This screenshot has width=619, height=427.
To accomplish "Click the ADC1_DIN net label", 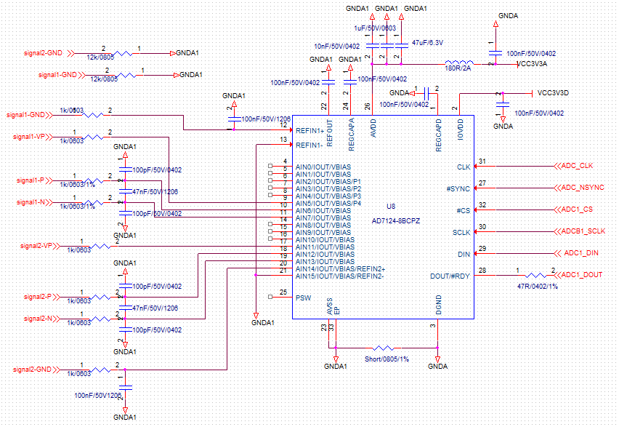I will point(581,253).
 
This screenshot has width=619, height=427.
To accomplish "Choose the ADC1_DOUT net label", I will point(583,275).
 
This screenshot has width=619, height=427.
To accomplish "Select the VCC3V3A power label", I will point(531,64).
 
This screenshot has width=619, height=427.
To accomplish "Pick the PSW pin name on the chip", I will point(303,298).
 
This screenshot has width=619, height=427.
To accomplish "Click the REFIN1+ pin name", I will point(309,130).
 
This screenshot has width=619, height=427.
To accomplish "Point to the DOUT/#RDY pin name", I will point(450,276).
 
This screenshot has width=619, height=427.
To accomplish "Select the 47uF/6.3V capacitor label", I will point(429,43).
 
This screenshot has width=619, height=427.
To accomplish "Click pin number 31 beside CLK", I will point(482,161).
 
